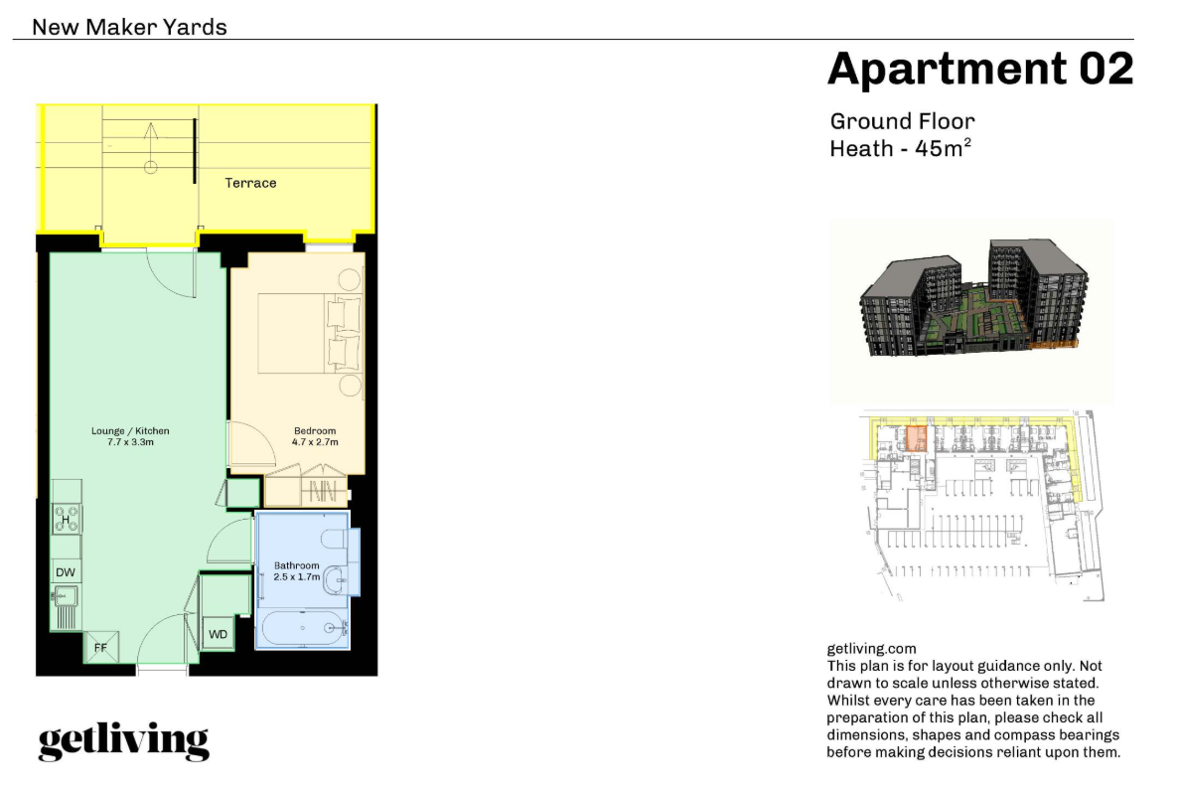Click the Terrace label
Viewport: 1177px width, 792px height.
250,183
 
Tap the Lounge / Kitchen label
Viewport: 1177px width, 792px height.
130,431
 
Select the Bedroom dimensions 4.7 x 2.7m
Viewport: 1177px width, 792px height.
315,442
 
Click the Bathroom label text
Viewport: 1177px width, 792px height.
297,565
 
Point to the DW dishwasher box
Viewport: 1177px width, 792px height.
66,571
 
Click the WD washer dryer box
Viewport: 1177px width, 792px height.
218,634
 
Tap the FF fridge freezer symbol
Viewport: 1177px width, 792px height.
100,647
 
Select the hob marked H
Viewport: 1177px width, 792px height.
67,519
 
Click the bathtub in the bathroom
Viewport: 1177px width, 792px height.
303,627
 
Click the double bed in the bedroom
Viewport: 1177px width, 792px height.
309,333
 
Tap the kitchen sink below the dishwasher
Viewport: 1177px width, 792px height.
66,597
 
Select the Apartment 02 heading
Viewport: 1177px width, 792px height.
980,69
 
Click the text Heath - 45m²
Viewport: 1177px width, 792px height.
900,148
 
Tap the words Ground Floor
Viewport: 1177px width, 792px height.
902,121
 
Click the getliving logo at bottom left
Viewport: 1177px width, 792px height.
124,741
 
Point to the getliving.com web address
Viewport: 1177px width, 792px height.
871,649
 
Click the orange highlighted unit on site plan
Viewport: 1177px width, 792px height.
916,437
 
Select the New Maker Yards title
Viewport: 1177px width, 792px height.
129,27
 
